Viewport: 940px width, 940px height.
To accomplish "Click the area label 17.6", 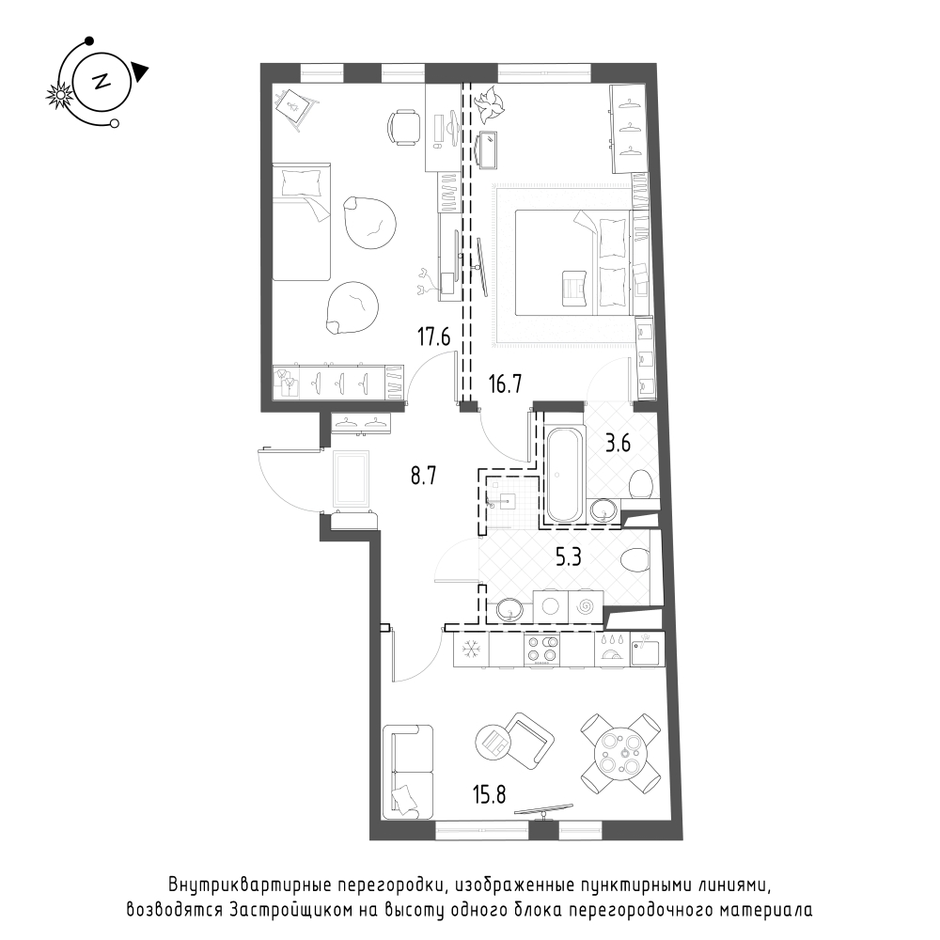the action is (433, 337).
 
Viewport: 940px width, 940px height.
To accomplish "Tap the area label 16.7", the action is (505, 384).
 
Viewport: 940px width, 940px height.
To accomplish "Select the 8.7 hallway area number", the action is (423, 476).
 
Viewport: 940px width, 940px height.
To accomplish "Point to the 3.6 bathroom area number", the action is (618, 445).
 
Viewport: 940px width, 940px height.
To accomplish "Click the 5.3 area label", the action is (569, 558).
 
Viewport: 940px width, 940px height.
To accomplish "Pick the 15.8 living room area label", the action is (489, 795).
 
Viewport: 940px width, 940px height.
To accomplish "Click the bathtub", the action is (563, 474).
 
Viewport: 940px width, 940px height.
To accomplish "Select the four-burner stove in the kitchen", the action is (542, 650).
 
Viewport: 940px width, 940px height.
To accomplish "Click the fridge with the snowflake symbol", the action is (471, 650).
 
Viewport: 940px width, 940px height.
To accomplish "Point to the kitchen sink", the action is (648, 649).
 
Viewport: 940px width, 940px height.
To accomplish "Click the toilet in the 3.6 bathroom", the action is (641, 482).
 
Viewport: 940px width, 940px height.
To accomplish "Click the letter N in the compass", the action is (101, 82).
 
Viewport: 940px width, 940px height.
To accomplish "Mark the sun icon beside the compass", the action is (60, 95).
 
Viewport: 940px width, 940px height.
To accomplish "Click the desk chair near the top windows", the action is (404, 127).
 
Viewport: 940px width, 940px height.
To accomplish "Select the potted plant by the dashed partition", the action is (487, 102).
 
